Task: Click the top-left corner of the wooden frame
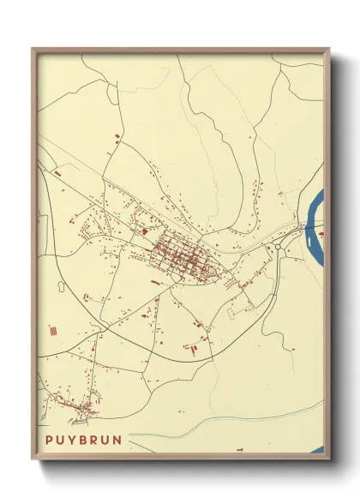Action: (33, 49)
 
